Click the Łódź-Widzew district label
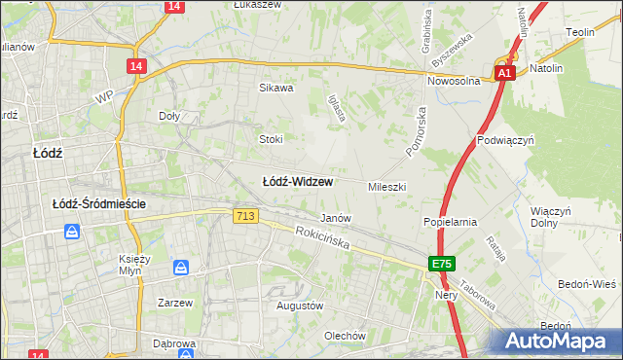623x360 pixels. [299, 181]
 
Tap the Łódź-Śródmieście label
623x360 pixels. [99, 203]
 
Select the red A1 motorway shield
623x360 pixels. [504, 74]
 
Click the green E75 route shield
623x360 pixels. [443, 264]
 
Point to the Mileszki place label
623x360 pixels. [386, 186]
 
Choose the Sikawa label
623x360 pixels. [275, 88]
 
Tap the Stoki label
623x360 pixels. [271, 138]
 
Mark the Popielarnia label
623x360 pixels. [450, 222]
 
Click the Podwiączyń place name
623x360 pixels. [507, 139]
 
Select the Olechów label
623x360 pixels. [345, 336]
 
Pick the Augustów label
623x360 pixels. [299, 306]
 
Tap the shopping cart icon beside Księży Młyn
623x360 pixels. [181, 267]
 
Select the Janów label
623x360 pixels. [336, 218]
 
